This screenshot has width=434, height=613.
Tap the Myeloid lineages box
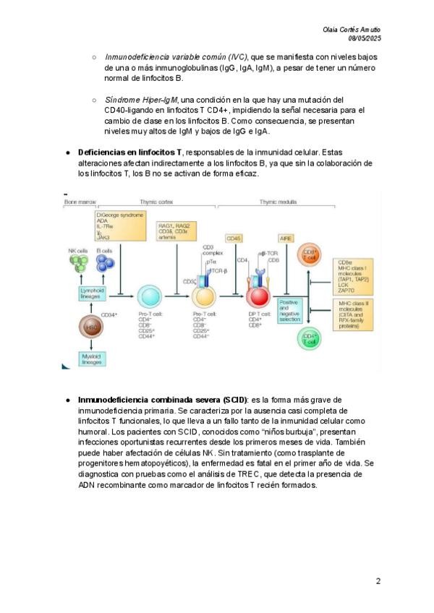92,359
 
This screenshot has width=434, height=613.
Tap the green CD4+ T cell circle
310,338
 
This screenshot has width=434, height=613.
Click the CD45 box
234,238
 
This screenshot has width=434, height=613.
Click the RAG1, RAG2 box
177,231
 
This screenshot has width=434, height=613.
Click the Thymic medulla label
278,202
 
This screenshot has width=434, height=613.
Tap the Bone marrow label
80,202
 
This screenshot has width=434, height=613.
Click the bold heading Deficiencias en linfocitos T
129,153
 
